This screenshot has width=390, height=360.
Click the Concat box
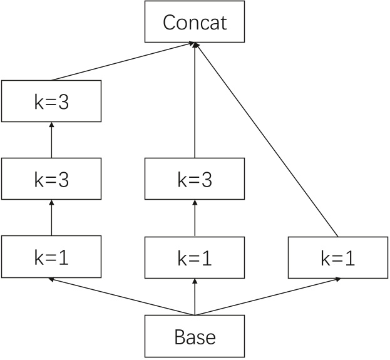click(x=195, y=23)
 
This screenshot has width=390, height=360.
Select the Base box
click(x=195, y=337)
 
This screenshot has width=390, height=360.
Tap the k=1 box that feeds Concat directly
click(x=338, y=258)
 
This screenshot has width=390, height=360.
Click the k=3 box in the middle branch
click(x=195, y=180)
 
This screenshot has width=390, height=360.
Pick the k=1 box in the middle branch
click(x=195, y=258)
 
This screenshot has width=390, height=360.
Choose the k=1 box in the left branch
click(x=51, y=257)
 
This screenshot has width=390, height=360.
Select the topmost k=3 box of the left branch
click(x=51, y=101)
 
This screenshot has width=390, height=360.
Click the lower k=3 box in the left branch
click(x=51, y=180)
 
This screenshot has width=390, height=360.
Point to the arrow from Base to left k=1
click(x=123, y=297)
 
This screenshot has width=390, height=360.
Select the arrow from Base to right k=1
click(x=267, y=297)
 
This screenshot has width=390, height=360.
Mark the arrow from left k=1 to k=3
click(x=51, y=219)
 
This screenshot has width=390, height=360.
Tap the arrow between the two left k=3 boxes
click(x=51, y=140)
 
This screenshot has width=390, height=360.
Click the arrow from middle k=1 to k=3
click(x=195, y=219)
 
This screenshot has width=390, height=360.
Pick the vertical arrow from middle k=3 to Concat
click(x=195, y=100)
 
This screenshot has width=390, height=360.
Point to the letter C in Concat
click(x=169, y=23)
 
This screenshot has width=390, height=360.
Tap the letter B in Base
click(x=180, y=337)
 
